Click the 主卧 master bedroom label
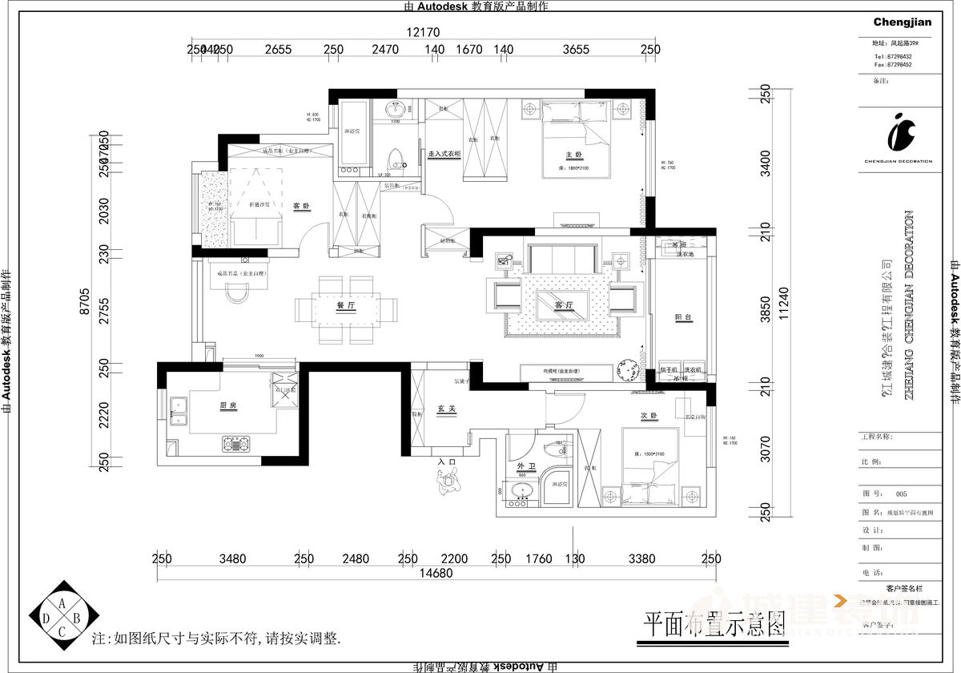pyautogui.click(x=573, y=155)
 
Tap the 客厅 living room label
pyautogui.click(x=565, y=304)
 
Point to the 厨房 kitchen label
pyautogui.click(x=228, y=406)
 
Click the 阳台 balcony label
pyautogui.click(x=682, y=318)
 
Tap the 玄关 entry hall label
pyautogui.click(x=446, y=408)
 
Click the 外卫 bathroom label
pyautogui.click(x=525, y=465)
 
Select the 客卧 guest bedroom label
pyautogui.click(x=301, y=206)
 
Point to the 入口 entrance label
pyautogui.click(x=446, y=461)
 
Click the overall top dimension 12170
pyautogui.click(x=424, y=33)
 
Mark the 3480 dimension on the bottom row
pyautogui.click(x=232, y=558)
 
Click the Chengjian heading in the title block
pyautogui.click(x=902, y=22)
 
